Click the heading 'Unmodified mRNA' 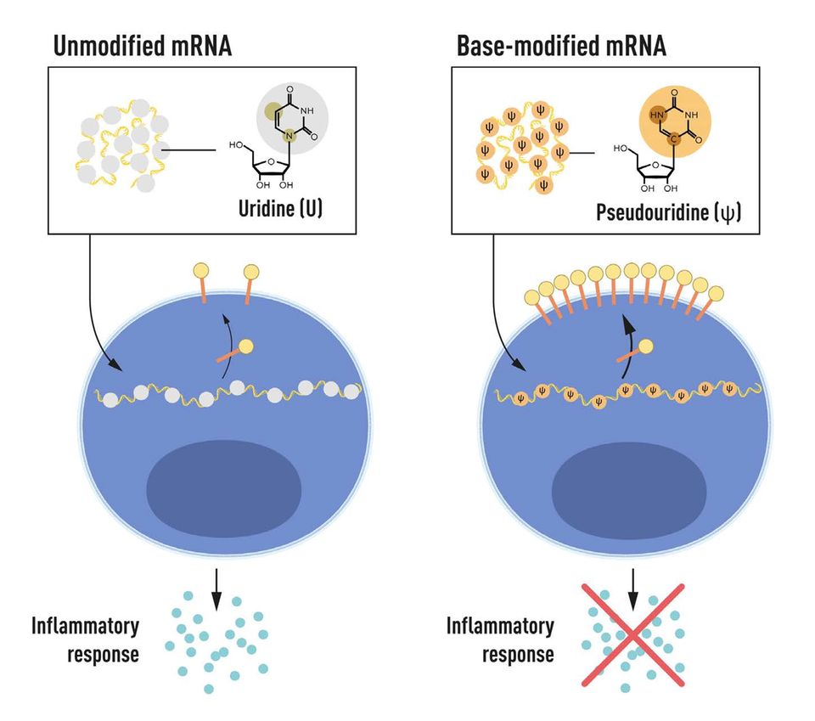(142, 46)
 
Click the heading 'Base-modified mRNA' (561, 46)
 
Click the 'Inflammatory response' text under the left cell (86, 640)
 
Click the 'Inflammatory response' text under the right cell (500, 640)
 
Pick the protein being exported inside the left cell (238, 351)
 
